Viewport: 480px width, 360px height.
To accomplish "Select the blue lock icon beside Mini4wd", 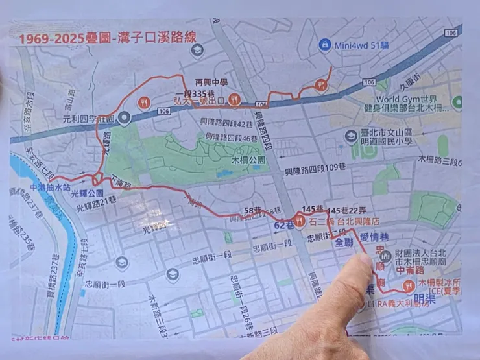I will [x=326, y=45].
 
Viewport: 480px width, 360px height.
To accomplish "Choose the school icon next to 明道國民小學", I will [x=351, y=136].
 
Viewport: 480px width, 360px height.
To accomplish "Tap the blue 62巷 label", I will [x=284, y=224].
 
